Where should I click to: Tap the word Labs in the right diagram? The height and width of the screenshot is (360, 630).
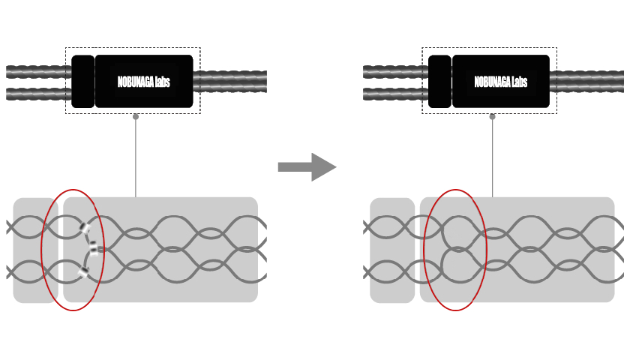click(517, 82)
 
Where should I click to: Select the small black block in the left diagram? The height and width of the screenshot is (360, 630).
click(82, 81)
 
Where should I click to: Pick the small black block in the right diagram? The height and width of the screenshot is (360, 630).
click(439, 81)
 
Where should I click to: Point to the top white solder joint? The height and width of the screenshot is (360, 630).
click(84, 227)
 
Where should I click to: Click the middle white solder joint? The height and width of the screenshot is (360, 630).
click(93, 250)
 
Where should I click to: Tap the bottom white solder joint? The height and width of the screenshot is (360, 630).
click(84, 273)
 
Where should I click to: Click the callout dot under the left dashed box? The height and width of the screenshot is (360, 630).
click(136, 116)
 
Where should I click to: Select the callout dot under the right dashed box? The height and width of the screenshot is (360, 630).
click(493, 116)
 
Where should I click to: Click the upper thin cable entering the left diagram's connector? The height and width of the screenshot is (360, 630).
click(37, 72)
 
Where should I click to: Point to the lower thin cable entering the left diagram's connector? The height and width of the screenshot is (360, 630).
click(37, 94)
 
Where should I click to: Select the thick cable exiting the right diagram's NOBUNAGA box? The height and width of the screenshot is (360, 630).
click(588, 81)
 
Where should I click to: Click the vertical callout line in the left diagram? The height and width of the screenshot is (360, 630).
click(136, 157)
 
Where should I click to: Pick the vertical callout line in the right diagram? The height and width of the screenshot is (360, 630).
click(493, 157)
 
